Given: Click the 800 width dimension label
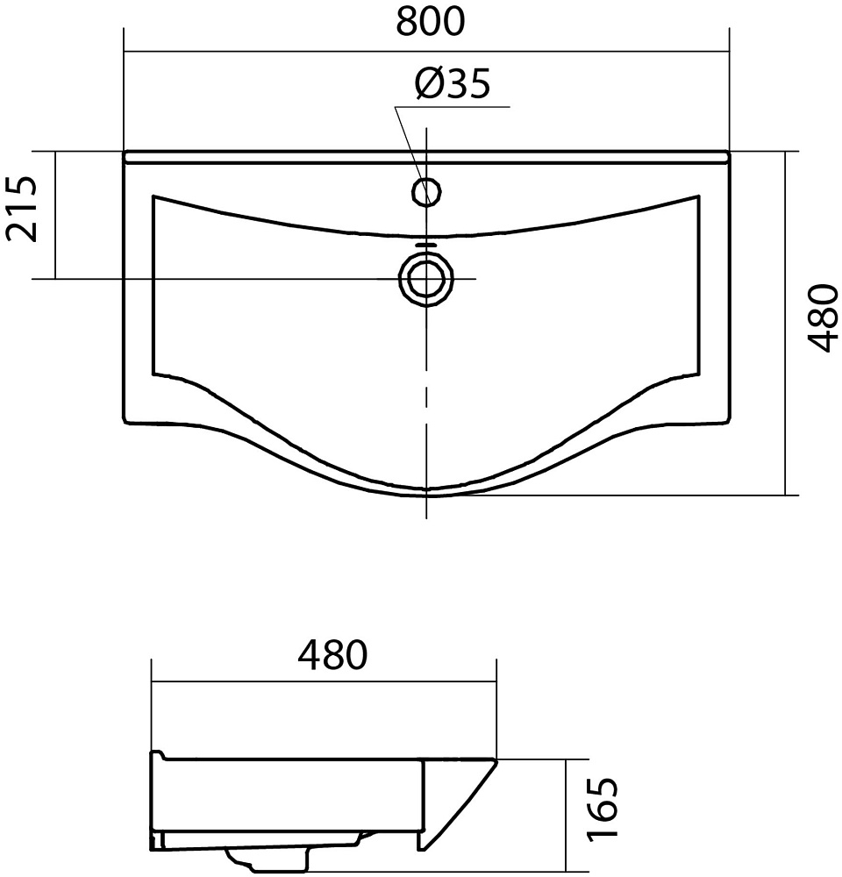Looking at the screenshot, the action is [431, 21].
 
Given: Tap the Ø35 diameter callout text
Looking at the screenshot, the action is [453, 84].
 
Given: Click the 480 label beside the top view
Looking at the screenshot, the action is [823, 317].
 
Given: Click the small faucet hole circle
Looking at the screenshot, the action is [427, 192].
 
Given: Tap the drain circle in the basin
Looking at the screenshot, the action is [426, 278].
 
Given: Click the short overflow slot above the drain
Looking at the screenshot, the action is [427, 245].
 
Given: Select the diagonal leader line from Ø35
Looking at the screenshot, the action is [411, 153].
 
